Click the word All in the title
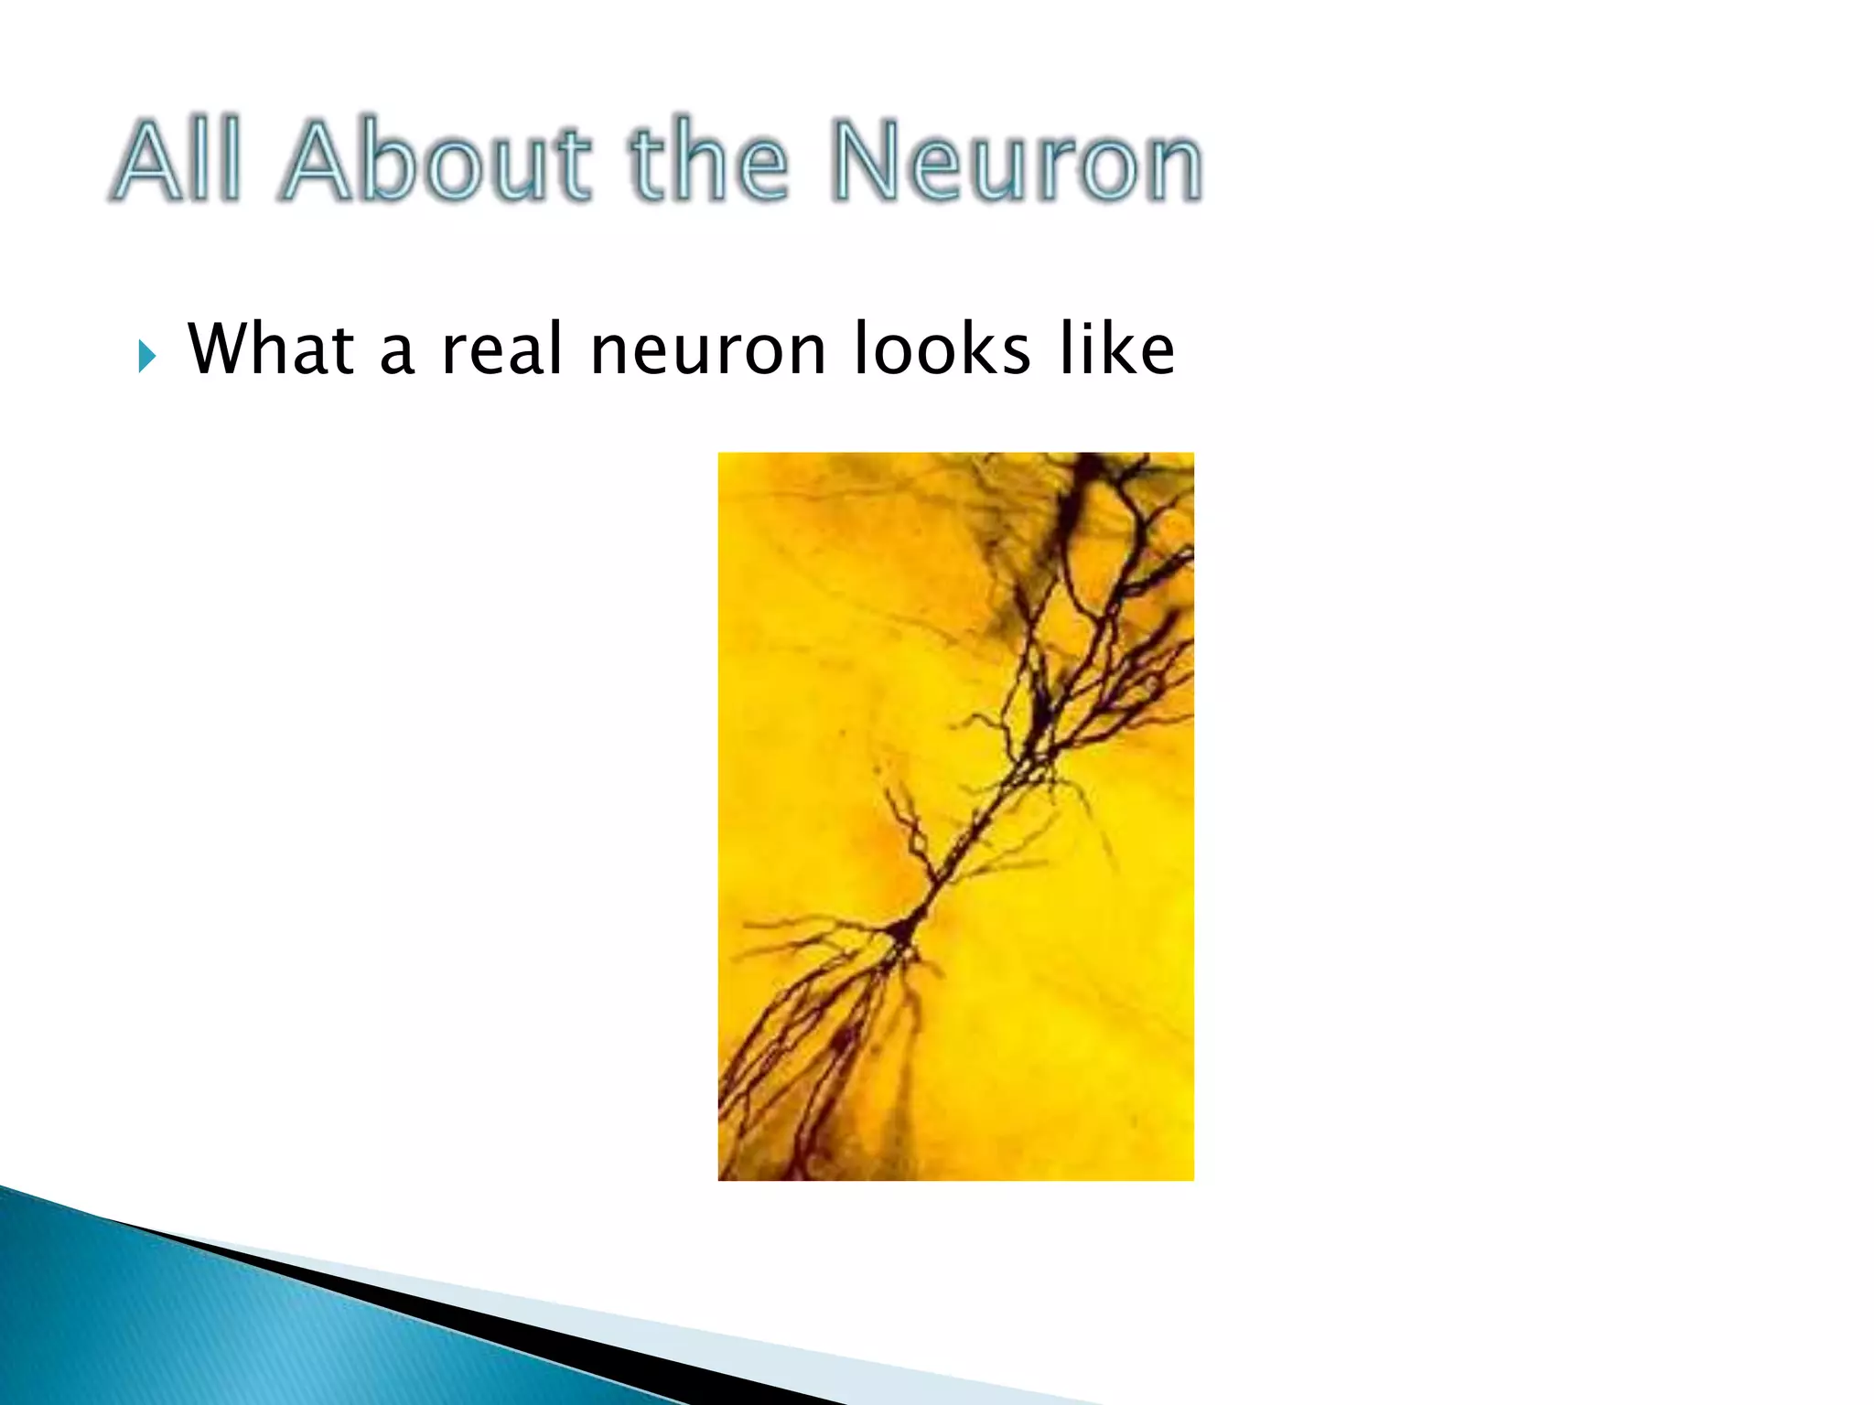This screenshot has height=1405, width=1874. point(179,161)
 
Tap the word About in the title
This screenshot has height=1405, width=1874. point(439,161)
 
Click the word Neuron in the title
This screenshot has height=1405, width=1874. point(1016,161)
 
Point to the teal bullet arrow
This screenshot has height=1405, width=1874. point(146,355)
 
